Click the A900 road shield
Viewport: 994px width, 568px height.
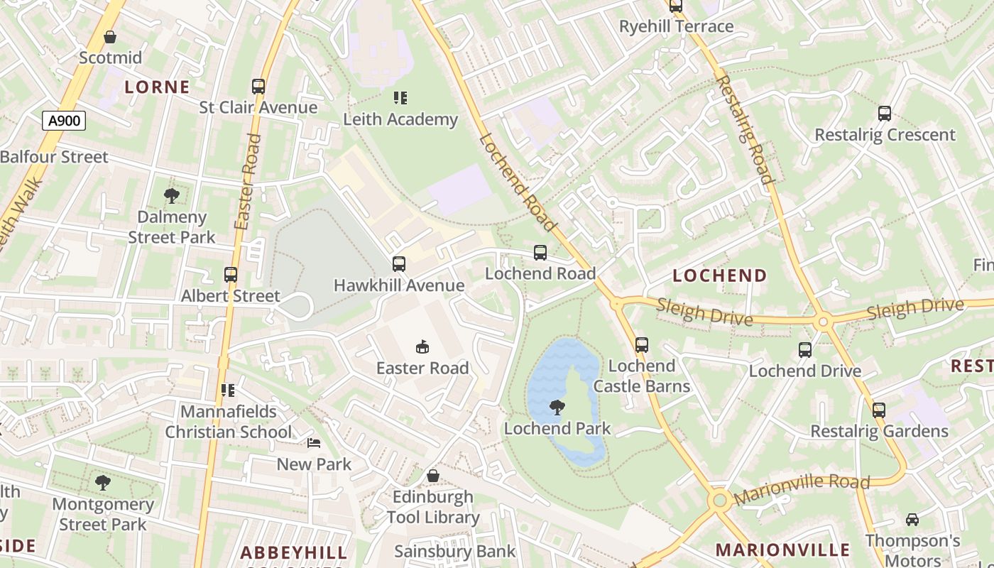(x=64, y=121)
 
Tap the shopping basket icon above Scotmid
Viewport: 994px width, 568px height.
(x=110, y=36)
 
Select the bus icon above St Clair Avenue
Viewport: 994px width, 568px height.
(x=258, y=87)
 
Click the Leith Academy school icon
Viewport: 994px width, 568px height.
(x=400, y=98)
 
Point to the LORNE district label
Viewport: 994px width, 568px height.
(x=158, y=87)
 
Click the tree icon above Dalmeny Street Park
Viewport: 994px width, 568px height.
(x=171, y=196)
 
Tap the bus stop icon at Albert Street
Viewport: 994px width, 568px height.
(x=231, y=275)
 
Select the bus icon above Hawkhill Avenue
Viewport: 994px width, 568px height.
(x=399, y=264)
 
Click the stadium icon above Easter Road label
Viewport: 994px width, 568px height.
(x=422, y=346)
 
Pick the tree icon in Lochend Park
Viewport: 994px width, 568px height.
(x=557, y=408)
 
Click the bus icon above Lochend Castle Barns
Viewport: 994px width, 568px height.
(x=642, y=345)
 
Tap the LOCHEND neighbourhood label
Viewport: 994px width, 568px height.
(x=720, y=275)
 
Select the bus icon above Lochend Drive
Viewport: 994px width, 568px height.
(x=805, y=350)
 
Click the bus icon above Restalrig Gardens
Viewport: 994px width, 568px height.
(x=879, y=410)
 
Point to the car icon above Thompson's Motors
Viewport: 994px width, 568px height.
(x=912, y=520)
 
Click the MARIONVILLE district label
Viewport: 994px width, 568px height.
(x=782, y=550)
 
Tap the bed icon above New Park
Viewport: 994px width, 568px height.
(x=314, y=443)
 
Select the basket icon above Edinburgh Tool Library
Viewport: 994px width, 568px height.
(x=433, y=476)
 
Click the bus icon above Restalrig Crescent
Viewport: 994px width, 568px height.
(x=885, y=114)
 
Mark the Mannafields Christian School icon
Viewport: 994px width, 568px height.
(x=228, y=390)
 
